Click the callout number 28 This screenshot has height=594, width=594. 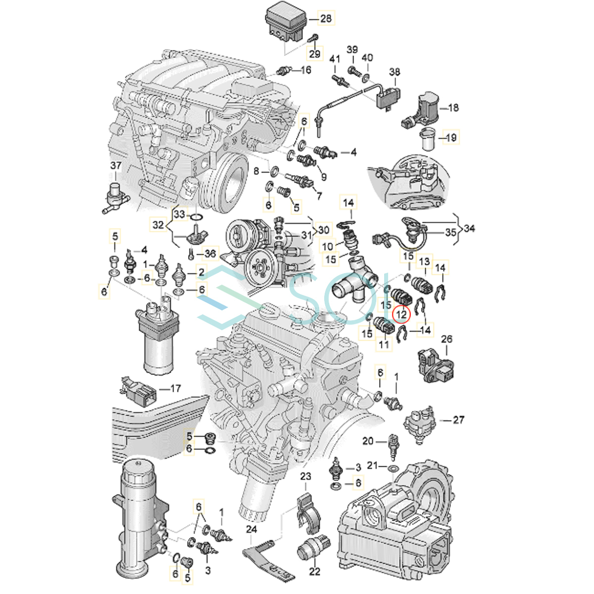point(326,18)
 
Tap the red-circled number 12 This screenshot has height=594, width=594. point(401,314)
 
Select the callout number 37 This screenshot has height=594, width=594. point(116,165)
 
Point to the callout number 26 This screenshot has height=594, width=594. point(446,340)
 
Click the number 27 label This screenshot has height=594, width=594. point(458,420)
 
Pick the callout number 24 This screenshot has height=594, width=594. point(251,530)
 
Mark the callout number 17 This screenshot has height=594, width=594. point(175,389)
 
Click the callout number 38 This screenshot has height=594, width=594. point(395,72)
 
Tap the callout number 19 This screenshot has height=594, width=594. point(451,138)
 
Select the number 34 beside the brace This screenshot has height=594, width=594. point(469,228)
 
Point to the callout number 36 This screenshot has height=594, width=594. point(210,253)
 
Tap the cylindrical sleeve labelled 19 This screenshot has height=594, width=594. point(429,139)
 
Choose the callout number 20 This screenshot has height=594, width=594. point(368,441)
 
